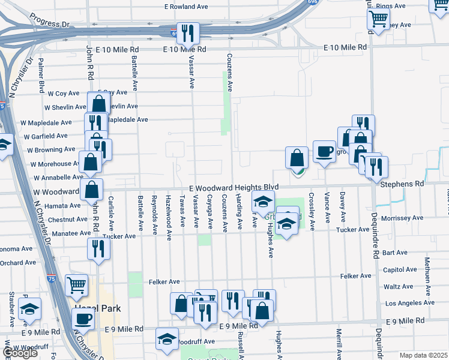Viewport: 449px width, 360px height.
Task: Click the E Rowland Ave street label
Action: (x=186, y=7)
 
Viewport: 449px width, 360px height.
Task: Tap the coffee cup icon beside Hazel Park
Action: (x=83, y=320)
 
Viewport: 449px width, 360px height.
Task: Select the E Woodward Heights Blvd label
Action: (x=235, y=188)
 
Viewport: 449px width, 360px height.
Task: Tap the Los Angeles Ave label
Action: (x=408, y=303)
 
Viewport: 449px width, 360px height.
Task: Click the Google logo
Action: (x=19, y=353)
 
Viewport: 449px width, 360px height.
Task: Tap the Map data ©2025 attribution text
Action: (x=423, y=355)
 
